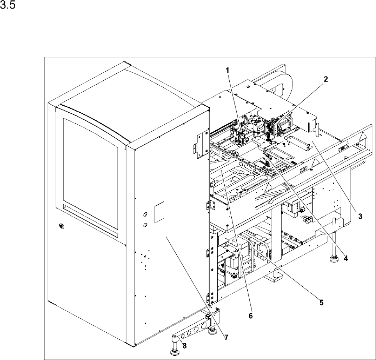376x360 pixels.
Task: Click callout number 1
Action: [x=227, y=71]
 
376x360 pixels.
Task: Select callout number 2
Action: [x=325, y=78]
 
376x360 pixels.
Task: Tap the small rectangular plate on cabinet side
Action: [x=160, y=212]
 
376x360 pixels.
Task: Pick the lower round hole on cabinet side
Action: [x=145, y=225]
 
